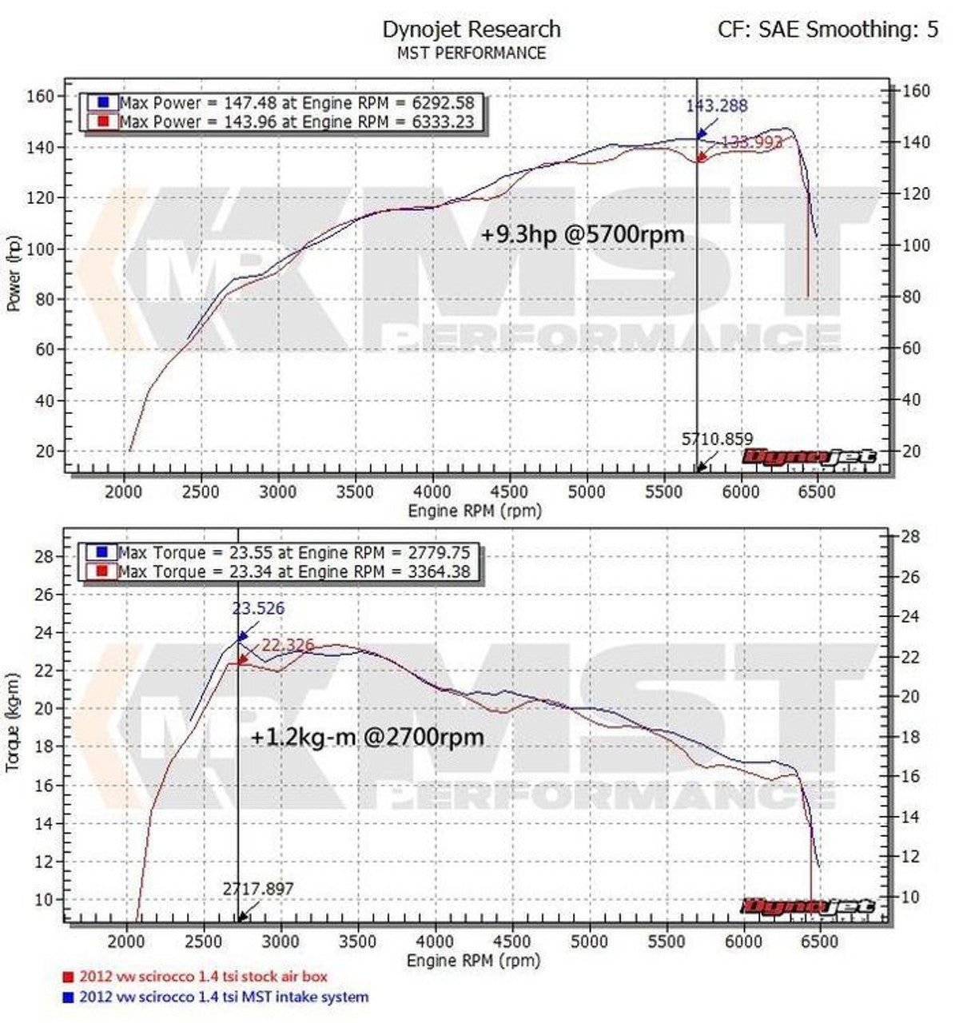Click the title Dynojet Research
472,30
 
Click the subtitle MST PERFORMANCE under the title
472,54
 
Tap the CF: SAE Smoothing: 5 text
828,30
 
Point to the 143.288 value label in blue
716,105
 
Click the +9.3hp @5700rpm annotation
583,235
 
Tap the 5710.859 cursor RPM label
716,438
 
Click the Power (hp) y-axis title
14,273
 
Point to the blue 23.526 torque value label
258,609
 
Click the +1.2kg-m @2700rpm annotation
367,736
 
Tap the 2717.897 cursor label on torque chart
258,888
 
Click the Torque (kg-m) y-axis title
14,722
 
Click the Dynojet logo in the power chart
810,457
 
